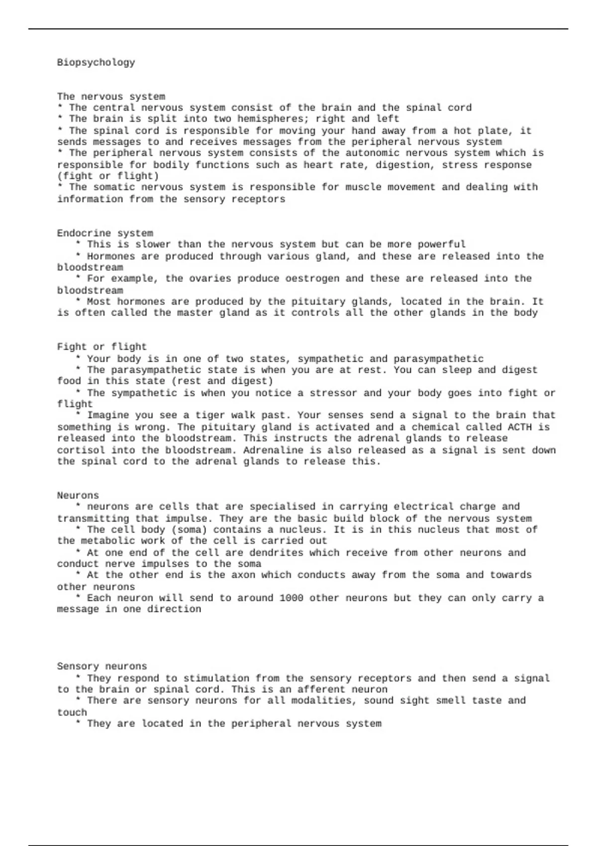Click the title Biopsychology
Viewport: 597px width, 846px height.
coord(96,63)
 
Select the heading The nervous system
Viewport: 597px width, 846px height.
coord(111,97)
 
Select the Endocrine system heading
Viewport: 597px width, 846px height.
coord(105,233)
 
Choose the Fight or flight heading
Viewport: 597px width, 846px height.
coord(102,347)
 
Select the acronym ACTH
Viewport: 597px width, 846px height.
coord(519,427)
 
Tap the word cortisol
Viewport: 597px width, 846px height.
coord(81,450)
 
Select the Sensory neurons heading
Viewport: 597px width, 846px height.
coord(102,666)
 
